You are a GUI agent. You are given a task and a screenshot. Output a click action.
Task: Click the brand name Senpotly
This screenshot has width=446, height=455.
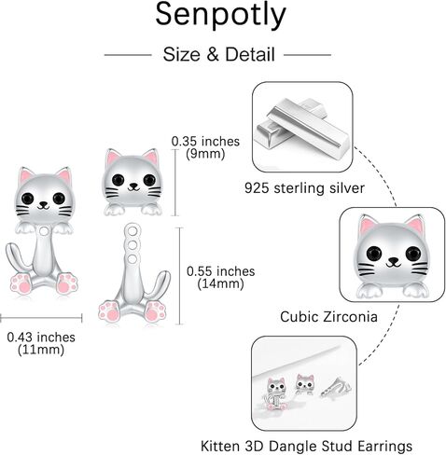pyautogui.click(x=220, y=16)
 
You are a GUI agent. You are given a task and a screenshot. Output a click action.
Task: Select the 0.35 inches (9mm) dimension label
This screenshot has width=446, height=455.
pyautogui.click(x=205, y=147)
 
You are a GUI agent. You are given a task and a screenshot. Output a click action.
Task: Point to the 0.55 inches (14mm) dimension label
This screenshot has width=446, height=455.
pyautogui.click(x=220, y=277)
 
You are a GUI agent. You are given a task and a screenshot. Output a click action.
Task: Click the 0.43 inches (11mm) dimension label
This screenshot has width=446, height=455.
pyautogui.click(x=41, y=343)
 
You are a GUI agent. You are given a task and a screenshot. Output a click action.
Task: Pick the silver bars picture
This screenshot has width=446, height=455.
pyautogui.click(x=302, y=127)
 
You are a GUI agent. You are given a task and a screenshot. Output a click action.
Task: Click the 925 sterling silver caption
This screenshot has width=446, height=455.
pyautogui.click(x=304, y=188)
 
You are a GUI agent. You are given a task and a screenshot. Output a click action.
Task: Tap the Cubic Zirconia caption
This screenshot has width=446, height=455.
pyautogui.click(x=328, y=317)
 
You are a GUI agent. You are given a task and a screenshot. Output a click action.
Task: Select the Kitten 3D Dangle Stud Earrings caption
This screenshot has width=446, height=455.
pyautogui.click(x=306, y=446)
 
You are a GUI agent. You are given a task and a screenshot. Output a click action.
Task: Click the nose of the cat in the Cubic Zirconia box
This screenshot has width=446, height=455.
pyautogui.click(x=394, y=261)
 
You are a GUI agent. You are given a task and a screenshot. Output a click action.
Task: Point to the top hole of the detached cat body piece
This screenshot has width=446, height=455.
pyautogui.click(x=132, y=231)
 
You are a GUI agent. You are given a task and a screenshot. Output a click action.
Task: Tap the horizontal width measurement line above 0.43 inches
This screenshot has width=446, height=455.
pyautogui.click(x=41, y=318)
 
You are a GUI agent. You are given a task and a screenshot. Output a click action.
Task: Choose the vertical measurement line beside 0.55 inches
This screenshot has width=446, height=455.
pyautogui.click(x=179, y=276)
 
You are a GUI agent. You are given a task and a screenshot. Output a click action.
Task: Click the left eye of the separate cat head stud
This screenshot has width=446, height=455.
pyautogui.click(x=118, y=179)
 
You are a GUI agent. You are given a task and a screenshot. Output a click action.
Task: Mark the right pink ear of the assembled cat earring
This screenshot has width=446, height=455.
pyautogui.click(x=64, y=176)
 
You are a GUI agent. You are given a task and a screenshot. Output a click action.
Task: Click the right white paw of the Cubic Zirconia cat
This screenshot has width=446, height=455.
pyautogui.click(x=415, y=291)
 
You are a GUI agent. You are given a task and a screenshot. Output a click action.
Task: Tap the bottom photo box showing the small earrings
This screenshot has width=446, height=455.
pyautogui.click(x=304, y=383)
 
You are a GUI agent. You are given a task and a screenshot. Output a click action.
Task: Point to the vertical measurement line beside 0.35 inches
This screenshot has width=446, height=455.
pyautogui.click(x=175, y=183)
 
